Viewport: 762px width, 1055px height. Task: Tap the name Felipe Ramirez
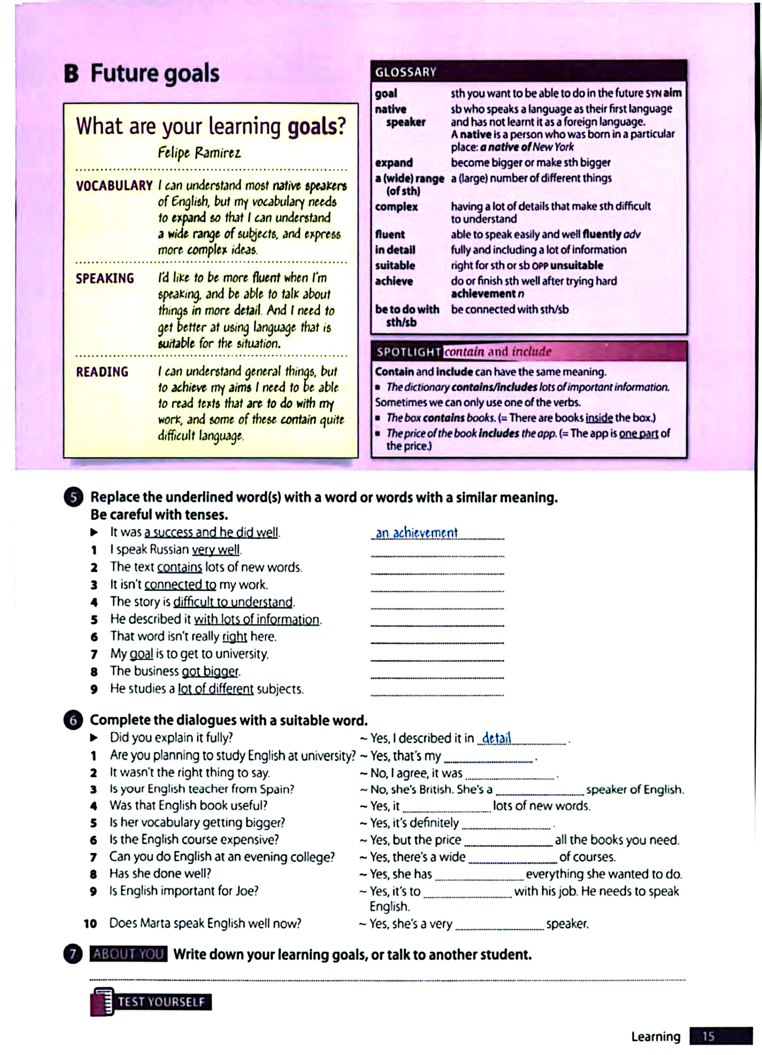199,153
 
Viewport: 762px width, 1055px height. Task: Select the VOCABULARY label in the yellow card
114,186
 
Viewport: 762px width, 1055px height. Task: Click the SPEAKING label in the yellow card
105,278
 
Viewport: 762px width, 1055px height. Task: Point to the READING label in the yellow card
102,372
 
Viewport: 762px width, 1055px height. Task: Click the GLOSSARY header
405,72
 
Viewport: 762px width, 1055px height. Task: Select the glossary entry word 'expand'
394,163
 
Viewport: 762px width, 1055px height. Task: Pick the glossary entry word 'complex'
396,206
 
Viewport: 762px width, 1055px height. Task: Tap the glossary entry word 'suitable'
395,266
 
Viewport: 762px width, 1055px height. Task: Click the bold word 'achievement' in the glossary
484,294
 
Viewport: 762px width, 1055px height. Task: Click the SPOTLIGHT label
408,352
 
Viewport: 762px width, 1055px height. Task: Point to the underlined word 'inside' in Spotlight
599,418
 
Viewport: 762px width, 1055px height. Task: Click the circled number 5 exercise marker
73,498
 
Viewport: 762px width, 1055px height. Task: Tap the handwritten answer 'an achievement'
417,533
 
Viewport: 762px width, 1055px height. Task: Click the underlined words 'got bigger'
210,671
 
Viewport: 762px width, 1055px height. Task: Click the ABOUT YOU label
128,954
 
